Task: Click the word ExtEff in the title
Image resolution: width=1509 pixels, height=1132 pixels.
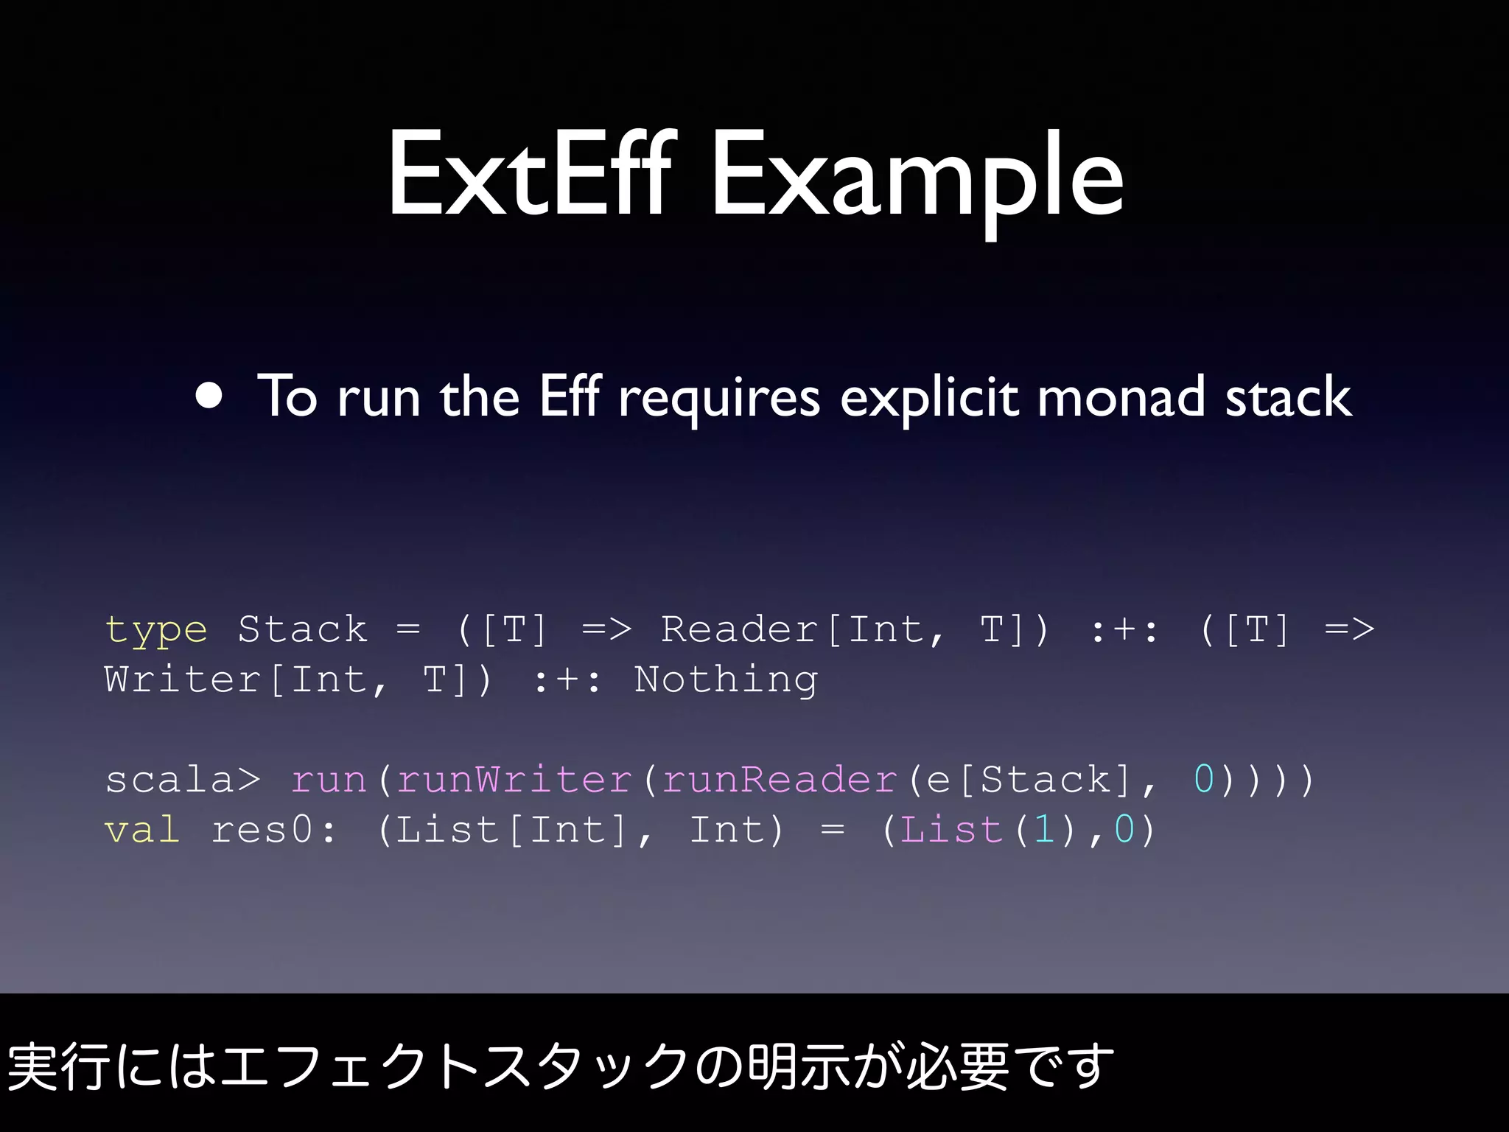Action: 529,175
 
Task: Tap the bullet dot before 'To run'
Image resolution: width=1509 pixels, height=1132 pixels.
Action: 209,395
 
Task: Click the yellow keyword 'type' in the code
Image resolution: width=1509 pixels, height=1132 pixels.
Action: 155,631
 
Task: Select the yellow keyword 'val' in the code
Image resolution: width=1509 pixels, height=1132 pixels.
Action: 142,830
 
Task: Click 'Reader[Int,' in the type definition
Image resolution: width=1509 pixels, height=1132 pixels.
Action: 802,630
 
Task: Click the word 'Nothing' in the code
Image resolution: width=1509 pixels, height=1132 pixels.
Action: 726,679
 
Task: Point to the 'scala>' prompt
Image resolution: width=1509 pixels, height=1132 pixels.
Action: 182,780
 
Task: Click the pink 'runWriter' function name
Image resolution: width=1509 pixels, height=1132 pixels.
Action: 514,780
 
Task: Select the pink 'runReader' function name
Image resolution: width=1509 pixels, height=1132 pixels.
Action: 780,780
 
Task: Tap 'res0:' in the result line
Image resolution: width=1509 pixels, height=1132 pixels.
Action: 273,830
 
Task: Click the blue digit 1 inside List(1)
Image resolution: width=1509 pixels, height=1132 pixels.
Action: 1043,830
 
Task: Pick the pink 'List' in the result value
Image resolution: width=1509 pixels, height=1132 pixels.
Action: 950,830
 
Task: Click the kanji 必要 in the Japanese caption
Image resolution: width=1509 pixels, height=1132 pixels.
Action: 957,1066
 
